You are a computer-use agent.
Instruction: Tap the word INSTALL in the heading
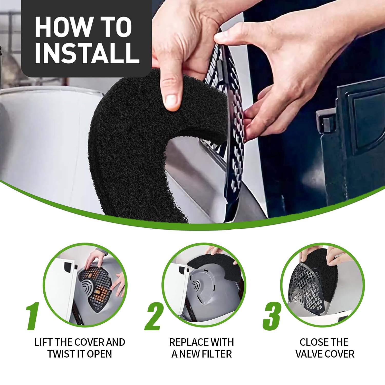87,53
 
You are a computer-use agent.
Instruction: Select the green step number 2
154,316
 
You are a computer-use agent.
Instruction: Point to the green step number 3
272,316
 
